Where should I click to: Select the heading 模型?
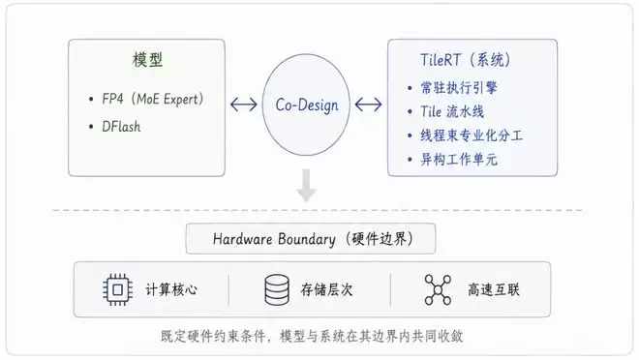coord(147,60)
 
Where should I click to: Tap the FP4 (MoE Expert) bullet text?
coord(153,99)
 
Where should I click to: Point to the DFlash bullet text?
coord(121,127)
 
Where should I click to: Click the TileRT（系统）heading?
coord(466,60)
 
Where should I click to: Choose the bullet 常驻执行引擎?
coord(459,87)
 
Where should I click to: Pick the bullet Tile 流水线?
coord(452,111)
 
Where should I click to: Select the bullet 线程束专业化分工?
coord(472,135)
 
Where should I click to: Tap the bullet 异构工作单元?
coord(459,160)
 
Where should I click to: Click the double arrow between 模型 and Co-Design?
coord(244,105)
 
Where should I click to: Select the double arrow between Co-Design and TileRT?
coord(369,105)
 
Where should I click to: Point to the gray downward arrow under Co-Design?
coord(307,185)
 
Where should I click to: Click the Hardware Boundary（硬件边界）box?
coord(311,239)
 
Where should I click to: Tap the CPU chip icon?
coord(117,289)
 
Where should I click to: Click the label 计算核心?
coord(171,289)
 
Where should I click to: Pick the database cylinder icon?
coord(277,289)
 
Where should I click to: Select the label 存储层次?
coord(326,289)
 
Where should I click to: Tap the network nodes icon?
coord(438,289)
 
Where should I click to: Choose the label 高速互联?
coord(494,289)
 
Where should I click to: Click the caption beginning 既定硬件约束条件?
coord(312,336)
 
